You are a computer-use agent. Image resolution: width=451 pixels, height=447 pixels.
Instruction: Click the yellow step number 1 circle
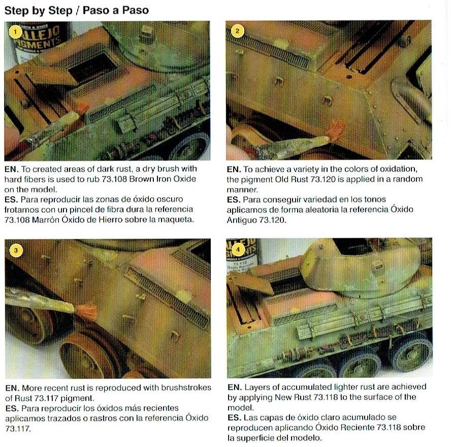(16, 32)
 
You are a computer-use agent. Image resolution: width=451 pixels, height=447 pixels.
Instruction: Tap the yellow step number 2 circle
(237, 31)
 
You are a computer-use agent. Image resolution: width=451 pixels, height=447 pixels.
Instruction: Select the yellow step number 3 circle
(16, 250)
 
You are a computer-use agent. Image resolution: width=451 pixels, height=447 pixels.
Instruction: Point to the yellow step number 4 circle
(238, 250)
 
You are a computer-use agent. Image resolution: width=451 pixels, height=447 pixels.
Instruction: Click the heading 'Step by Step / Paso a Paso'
(77, 10)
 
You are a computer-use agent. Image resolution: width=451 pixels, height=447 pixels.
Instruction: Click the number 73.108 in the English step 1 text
(114, 179)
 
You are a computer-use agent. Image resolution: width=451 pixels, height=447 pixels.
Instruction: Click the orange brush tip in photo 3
(86, 312)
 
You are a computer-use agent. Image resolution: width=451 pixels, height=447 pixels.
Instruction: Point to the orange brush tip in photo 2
(335, 131)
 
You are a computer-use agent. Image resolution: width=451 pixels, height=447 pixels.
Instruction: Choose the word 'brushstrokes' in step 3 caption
(186, 388)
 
